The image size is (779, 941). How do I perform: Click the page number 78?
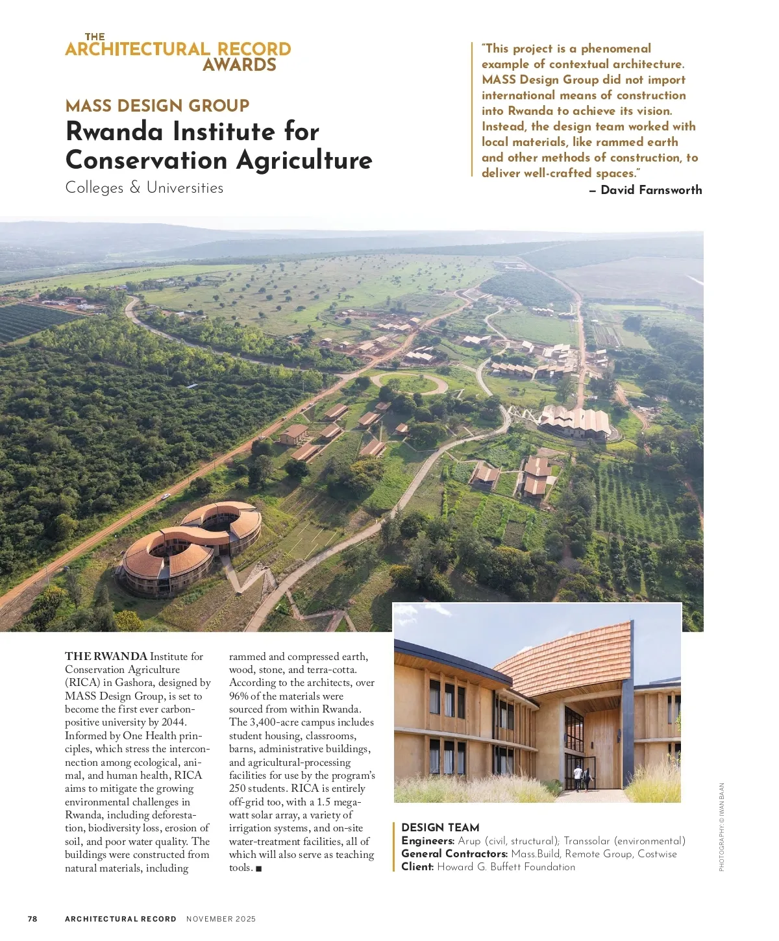click(x=32, y=919)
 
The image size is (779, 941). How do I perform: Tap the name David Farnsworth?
click(x=651, y=190)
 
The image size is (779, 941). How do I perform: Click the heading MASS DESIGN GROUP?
click(x=157, y=106)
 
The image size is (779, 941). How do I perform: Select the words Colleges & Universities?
click(x=144, y=188)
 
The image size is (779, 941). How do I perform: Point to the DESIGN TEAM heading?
click(x=440, y=827)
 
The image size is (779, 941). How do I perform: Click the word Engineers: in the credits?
click(x=428, y=841)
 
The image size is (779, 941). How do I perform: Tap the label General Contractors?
click(x=454, y=854)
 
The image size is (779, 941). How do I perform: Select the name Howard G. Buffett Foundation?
click(x=506, y=867)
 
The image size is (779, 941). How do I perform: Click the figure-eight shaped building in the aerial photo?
click(x=192, y=545)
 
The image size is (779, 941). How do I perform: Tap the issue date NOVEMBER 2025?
click(x=221, y=919)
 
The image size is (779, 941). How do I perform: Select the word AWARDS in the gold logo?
click(x=240, y=65)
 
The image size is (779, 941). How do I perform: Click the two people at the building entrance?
click(x=582, y=777)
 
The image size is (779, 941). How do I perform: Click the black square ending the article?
click(x=259, y=868)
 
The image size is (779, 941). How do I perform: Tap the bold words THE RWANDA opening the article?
click(x=106, y=657)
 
